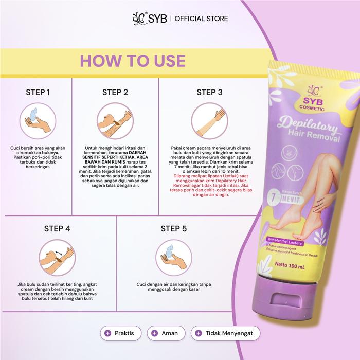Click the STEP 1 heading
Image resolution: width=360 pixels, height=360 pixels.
(x=38, y=92)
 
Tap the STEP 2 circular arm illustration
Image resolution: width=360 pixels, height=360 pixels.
(x=115, y=121)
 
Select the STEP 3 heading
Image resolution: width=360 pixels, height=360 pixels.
(x=209, y=92)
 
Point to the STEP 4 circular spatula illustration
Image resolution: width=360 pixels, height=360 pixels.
(x=57, y=257)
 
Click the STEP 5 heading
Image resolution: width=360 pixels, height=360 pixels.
(x=174, y=229)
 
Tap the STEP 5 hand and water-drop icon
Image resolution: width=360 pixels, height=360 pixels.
(x=174, y=257)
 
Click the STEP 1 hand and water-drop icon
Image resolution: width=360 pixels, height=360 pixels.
(x=38, y=121)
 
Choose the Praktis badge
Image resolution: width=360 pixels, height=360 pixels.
(x=120, y=333)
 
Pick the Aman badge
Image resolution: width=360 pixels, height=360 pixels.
(x=166, y=333)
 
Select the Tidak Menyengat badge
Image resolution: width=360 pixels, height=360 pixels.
(x=225, y=333)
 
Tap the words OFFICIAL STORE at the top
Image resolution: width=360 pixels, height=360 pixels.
(x=202, y=19)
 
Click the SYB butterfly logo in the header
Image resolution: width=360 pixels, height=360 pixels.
(x=139, y=19)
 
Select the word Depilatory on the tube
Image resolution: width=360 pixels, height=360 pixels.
(x=308, y=124)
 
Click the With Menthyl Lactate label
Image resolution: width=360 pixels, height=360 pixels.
(x=285, y=241)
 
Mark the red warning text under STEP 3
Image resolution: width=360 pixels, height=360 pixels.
(x=211, y=185)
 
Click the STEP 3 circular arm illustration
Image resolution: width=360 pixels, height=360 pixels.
(x=209, y=121)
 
